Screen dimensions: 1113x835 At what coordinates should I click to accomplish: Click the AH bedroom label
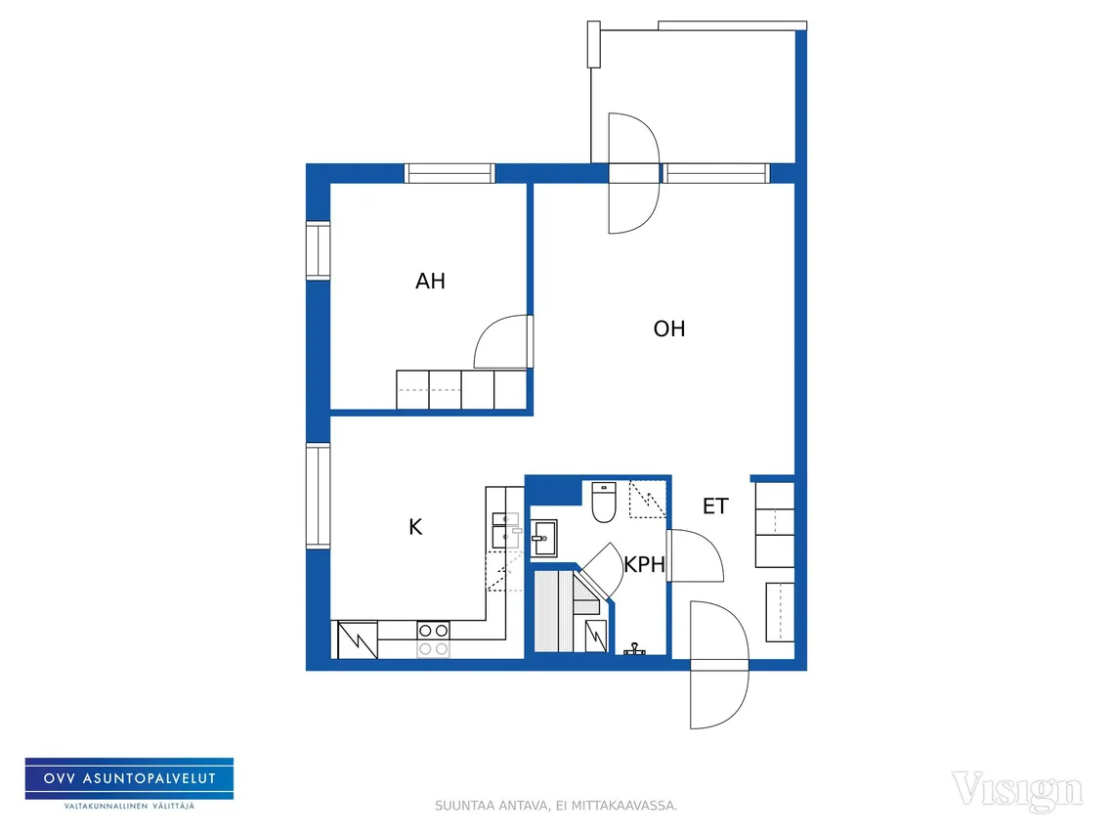[430, 282]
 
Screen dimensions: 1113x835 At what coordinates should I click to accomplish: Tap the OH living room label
[669, 329]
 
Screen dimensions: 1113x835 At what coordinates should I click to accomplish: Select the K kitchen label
[416, 527]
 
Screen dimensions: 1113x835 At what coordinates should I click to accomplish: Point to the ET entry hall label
[715, 506]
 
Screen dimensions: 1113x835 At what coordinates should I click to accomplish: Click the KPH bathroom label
[645, 564]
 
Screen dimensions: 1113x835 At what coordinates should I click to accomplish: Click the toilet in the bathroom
[603, 502]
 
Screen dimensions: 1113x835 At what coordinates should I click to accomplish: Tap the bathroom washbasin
[543, 539]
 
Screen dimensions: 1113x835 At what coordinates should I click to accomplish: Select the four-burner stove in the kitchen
[433, 639]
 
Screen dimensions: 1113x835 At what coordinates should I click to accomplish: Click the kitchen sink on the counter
[505, 530]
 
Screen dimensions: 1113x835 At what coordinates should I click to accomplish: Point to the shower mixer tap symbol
[634, 649]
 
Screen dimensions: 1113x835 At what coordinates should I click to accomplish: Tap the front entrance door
[720, 665]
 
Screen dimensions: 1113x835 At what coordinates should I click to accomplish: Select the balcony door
[634, 173]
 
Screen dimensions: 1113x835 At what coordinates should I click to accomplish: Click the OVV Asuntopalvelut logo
[129, 784]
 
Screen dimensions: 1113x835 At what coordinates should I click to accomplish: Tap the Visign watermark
[1017, 790]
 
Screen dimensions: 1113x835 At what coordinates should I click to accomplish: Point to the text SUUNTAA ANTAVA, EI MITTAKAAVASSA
[556, 806]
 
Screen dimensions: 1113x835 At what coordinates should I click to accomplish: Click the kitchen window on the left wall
[318, 496]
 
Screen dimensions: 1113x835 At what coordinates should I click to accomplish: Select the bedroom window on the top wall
[449, 173]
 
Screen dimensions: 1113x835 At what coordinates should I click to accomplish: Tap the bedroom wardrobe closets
[461, 390]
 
